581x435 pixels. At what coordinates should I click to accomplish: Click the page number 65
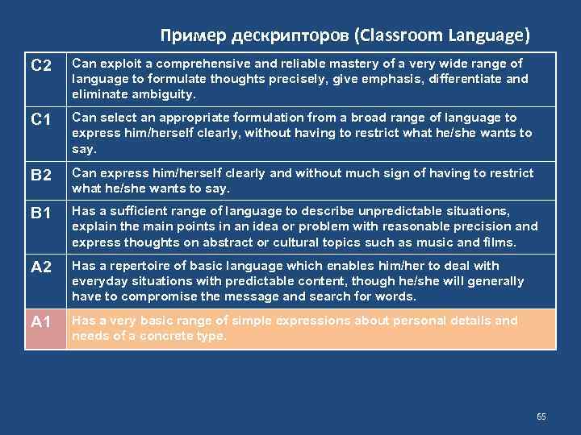[x=541, y=416]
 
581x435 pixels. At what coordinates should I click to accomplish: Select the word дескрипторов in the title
[x=278, y=35]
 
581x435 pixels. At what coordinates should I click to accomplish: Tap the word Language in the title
[x=491, y=35]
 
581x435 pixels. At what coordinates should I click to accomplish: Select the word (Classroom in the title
[x=395, y=35]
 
